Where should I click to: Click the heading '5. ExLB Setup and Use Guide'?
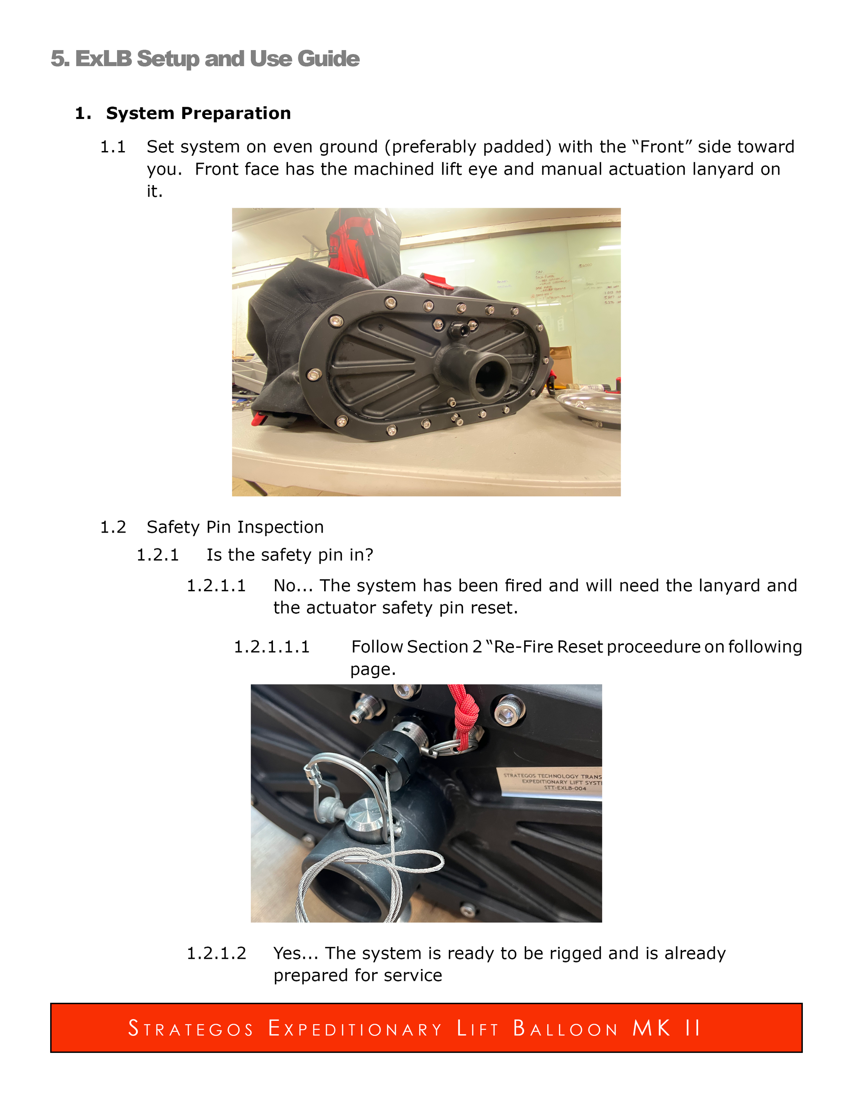coord(205,59)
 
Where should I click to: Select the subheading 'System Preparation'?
coord(198,113)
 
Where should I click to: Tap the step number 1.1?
coord(113,147)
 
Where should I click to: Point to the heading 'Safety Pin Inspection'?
coord(235,527)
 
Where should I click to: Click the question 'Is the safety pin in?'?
coord(290,555)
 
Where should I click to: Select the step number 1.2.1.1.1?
coord(271,647)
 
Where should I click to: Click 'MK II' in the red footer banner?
coord(666,1028)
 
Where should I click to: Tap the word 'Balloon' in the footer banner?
coord(565,1028)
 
